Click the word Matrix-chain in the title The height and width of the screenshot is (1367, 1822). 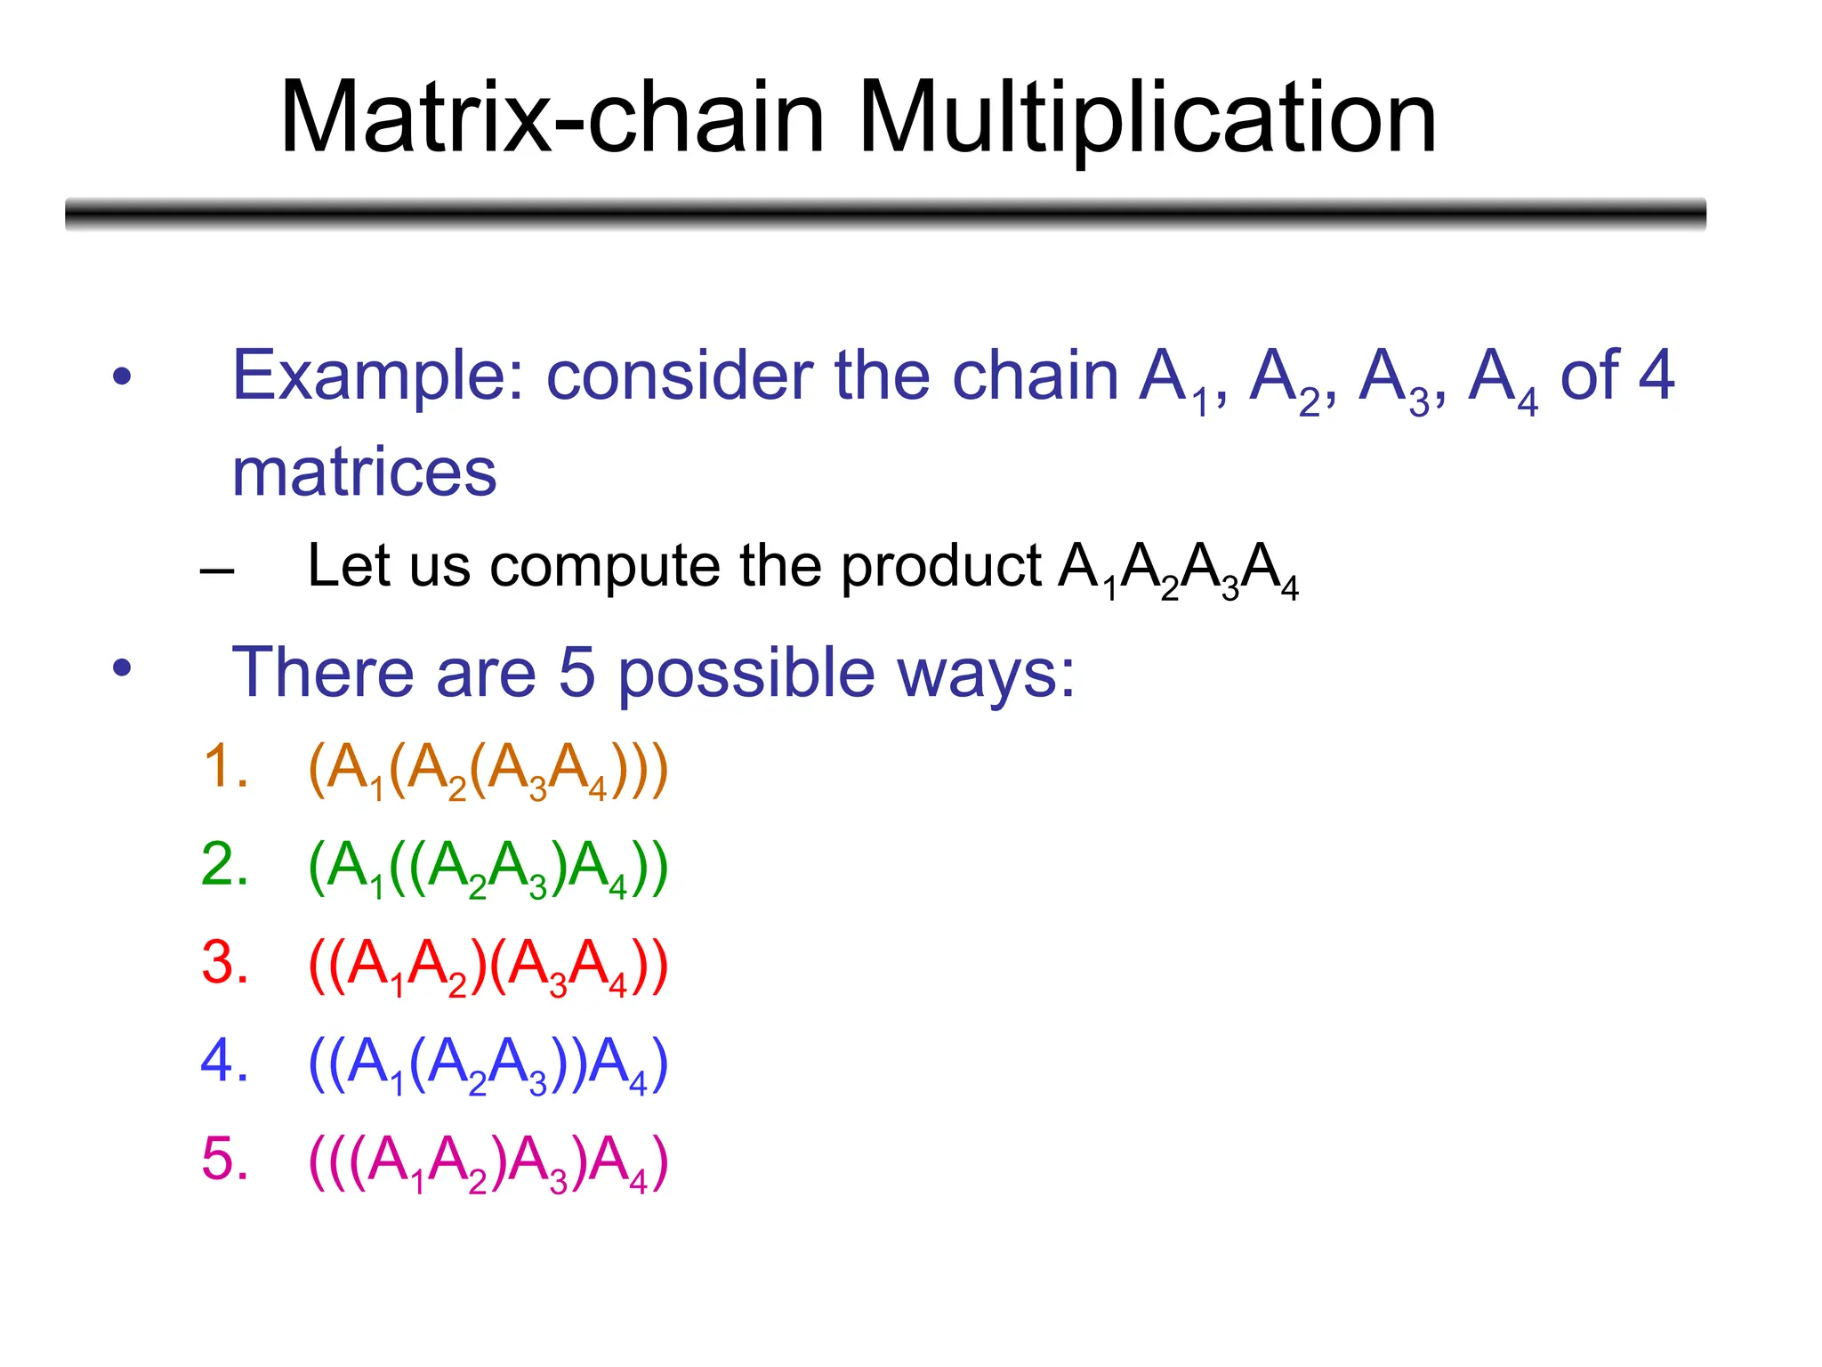552,118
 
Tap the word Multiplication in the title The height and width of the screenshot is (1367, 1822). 1147,118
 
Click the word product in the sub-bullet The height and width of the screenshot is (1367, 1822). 940,568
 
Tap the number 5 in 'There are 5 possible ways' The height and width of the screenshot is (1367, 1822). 576,672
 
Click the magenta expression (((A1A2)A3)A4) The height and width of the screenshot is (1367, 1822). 488,1162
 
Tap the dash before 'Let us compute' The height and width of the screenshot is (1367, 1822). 218,570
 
